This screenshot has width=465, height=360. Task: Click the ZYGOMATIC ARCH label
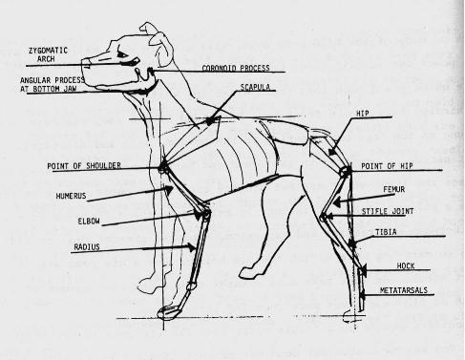48,54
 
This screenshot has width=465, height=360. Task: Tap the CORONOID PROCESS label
236,68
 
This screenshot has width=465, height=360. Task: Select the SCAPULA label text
255,87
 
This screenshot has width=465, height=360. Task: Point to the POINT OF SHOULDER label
84,166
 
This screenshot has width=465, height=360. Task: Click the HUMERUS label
71,196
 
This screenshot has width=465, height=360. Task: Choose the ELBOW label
89,221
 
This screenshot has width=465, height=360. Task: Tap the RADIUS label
87,246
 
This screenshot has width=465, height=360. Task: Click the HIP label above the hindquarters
362,114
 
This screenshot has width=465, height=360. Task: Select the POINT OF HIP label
387,166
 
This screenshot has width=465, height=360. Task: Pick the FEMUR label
394,189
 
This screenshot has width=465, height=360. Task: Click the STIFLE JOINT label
388,211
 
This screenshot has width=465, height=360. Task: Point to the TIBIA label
386,232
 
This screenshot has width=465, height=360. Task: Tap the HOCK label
406,265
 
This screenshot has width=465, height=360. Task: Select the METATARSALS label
404,290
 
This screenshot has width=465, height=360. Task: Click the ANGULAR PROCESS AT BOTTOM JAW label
53,84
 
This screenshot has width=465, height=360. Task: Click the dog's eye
122,54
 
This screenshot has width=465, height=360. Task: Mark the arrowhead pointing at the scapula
210,121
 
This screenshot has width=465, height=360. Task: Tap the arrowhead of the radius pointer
192,247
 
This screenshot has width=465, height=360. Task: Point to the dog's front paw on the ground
168,312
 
